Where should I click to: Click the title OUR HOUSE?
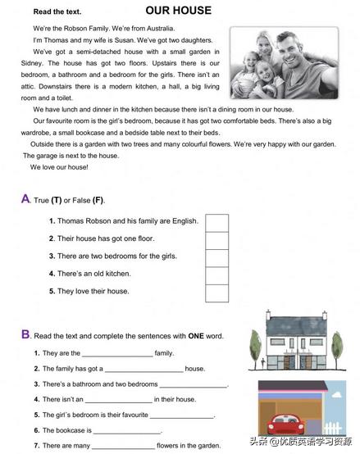(178, 11)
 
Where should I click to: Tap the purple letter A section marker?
(25, 198)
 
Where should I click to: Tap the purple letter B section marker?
(25, 334)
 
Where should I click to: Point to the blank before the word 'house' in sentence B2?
(144, 370)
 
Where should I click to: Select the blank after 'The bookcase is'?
(127, 430)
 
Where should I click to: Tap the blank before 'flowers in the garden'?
(123, 446)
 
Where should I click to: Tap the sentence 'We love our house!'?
(59, 167)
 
